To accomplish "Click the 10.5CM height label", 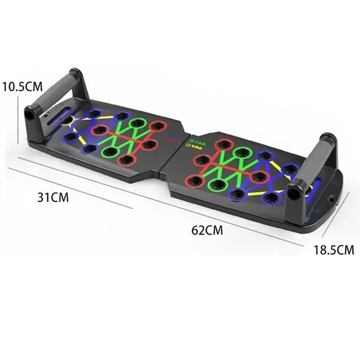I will [x=22, y=86].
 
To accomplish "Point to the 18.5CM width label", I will [x=334, y=250].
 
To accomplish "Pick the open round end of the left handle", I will [x=30, y=114].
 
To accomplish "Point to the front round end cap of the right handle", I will [x=293, y=193].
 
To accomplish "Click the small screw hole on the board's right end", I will [x=332, y=198].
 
